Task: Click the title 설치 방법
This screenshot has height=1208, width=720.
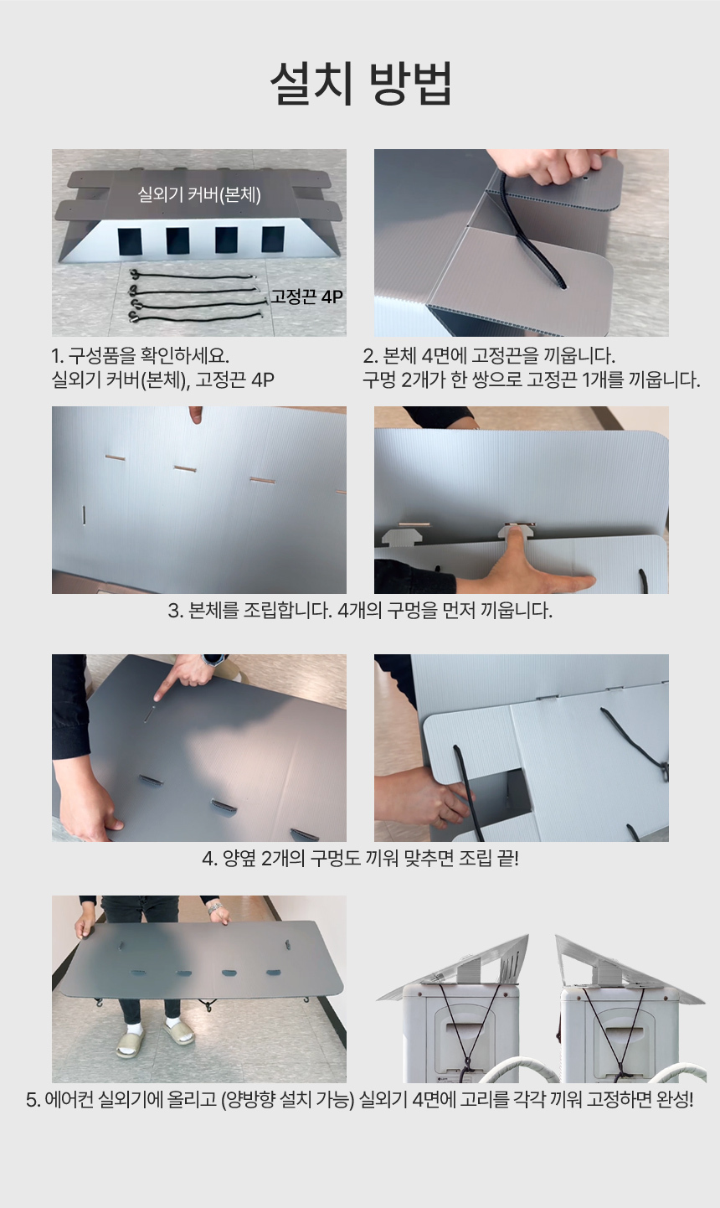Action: coord(361,84)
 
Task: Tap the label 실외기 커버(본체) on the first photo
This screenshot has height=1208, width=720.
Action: coord(199,194)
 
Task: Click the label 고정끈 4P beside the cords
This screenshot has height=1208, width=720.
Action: coord(306,297)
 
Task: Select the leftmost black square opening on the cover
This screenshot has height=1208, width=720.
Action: coord(130,241)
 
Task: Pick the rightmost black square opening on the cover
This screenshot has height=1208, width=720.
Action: coord(273,240)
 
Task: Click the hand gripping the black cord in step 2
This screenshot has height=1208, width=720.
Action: coord(544,164)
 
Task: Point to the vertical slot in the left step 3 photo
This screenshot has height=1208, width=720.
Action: coord(84,514)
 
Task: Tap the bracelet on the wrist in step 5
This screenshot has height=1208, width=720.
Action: coord(215,909)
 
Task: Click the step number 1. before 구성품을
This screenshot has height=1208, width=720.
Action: coord(58,356)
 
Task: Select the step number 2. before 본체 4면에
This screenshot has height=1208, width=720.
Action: coord(370,356)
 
